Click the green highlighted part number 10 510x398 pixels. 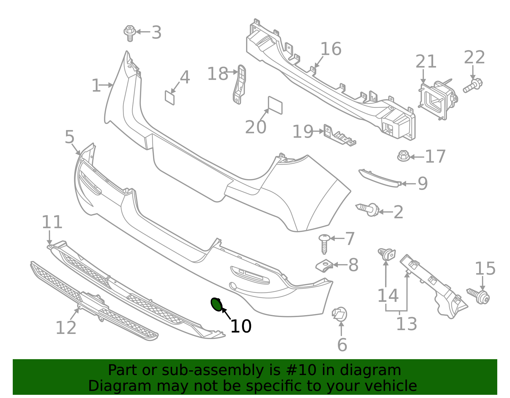pos(216,304)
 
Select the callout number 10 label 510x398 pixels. pos(241,326)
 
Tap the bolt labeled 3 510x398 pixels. pos(130,33)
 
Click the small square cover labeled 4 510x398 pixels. pos(170,98)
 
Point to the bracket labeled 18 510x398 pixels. pos(239,84)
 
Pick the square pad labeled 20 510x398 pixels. pos(275,105)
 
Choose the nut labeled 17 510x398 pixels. pos(404,156)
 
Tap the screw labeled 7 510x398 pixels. pos(324,243)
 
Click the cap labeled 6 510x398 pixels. pos(339,314)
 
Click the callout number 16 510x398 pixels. pos(331,49)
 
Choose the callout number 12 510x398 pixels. pos(66,328)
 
